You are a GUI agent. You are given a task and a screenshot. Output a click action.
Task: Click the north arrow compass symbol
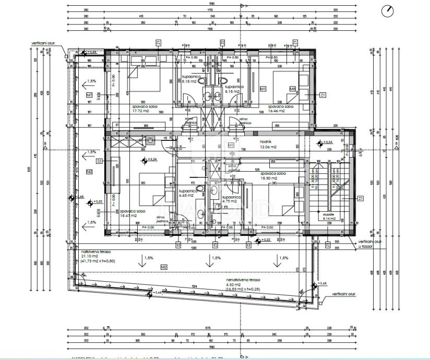tap(388, 11)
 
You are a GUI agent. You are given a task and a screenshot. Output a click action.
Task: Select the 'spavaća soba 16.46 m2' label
tap(280, 109)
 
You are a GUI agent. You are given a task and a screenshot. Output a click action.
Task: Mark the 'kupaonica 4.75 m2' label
tap(231, 199)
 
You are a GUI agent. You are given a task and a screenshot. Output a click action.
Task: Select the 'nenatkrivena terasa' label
tap(243, 280)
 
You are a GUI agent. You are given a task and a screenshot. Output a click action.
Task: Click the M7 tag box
tap(89, 95)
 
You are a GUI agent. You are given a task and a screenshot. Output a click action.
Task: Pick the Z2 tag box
tap(99, 161)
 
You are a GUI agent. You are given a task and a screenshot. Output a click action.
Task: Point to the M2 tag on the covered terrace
tap(164, 267)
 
